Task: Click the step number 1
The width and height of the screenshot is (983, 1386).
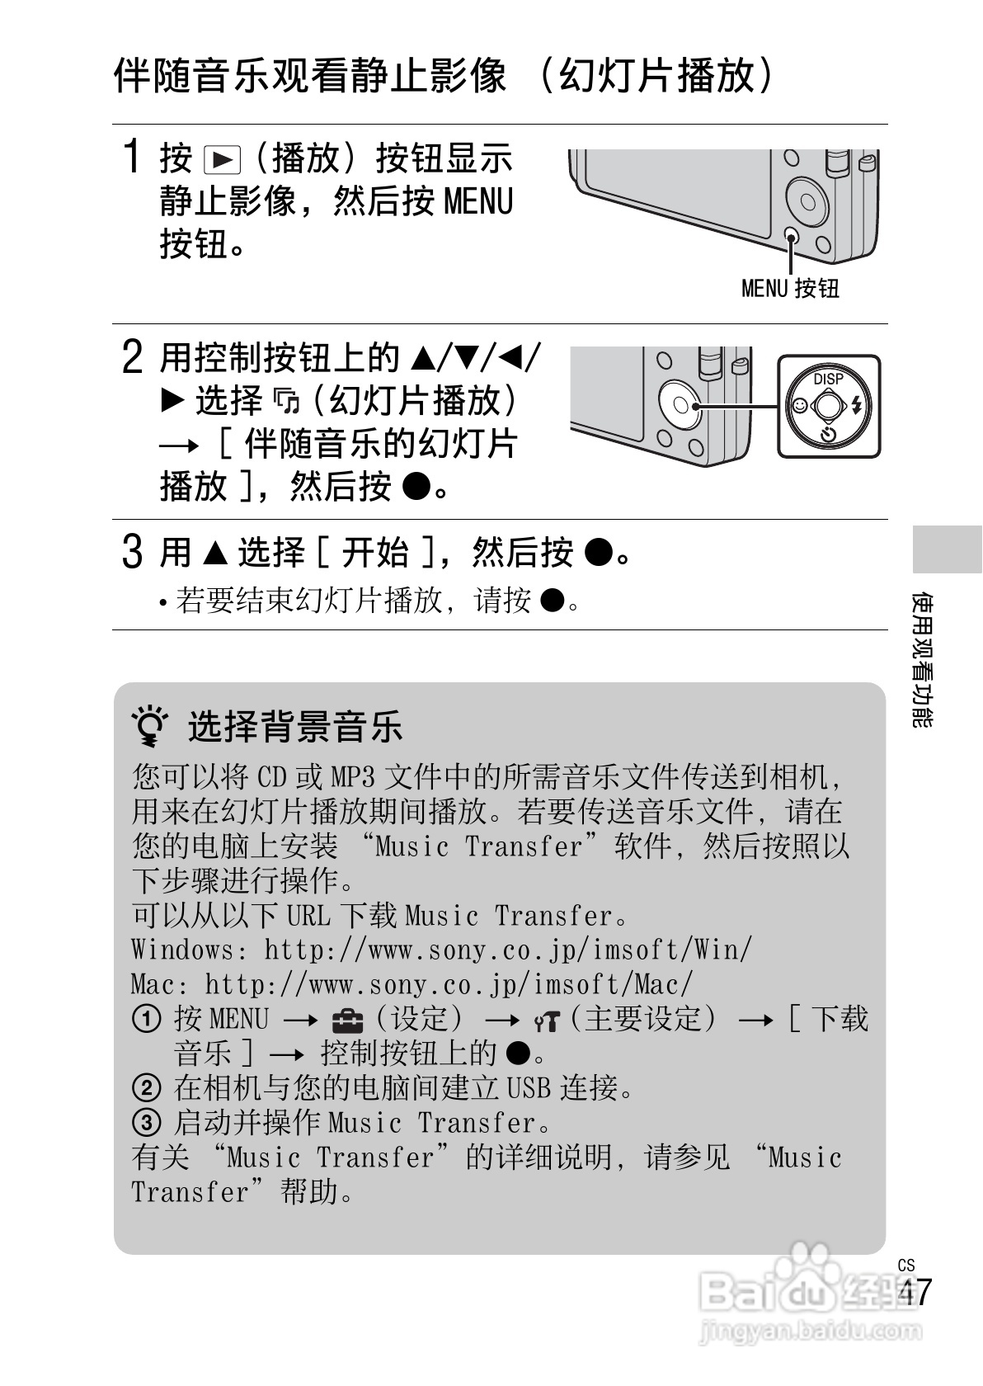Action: pyautogui.click(x=130, y=157)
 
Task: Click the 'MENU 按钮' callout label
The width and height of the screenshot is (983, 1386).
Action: pyautogui.click(x=789, y=288)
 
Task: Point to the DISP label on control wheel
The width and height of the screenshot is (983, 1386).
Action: pyautogui.click(x=828, y=379)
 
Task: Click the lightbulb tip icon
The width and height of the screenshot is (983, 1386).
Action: pyautogui.click(x=151, y=727)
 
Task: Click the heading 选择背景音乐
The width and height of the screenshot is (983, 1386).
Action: pyautogui.click(x=294, y=727)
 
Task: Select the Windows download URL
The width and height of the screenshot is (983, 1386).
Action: pyautogui.click(x=507, y=950)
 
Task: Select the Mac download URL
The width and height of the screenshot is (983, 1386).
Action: pyautogui.click(x=449, y=984)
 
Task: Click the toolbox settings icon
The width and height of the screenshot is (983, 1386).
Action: pyautogui.click(x=347, y=1021)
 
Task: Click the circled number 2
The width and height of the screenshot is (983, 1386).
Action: pyautogui.click(x=146, y=1089)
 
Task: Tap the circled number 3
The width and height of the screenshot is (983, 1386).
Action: pyautogui.click(x=146, y=1124)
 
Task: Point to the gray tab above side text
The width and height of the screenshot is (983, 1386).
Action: pyautogui.click(x=947, y=548)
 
